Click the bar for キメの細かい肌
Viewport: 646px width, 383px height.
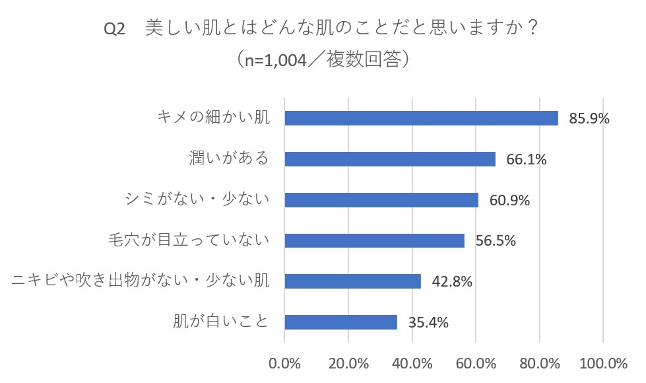(x=421, y=118)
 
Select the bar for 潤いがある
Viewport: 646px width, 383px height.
(x=389, y=159)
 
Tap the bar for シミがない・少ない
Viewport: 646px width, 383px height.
(x=381, y=199)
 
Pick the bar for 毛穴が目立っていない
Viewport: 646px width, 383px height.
(x=374, y=240)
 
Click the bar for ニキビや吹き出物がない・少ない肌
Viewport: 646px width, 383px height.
(x=352, y=281)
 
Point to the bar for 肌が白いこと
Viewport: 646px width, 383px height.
(x=340, y=322)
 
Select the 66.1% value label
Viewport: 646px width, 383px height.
(x=527, y=160)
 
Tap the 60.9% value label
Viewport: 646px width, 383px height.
(x=509, y=200)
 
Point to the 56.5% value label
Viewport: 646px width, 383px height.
(x=495, y=241)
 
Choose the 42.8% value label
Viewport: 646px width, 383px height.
(x=451, y=282)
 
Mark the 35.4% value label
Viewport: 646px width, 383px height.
(x=428, y=323)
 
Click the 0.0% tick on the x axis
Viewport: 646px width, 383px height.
(x=284, y=363)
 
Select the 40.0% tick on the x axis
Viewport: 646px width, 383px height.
(x=412, y=363)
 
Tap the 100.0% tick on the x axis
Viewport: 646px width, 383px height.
(x=603, y=363)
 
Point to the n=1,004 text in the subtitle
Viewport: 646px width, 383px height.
(x=274, y=61)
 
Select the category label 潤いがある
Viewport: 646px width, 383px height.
(x=228, y=158)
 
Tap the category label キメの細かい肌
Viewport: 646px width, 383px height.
(x=214, y=118)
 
